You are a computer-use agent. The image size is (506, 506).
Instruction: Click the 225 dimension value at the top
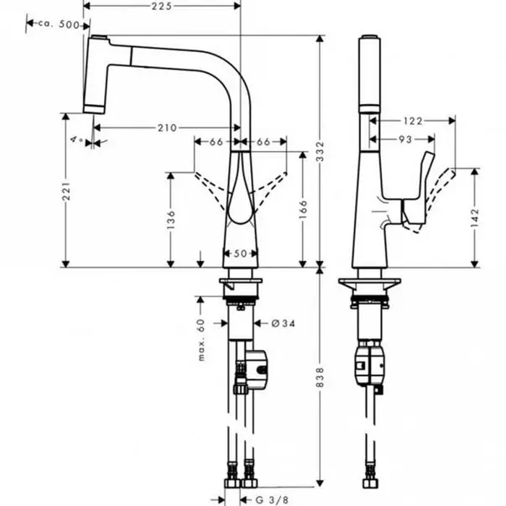coord(162,6)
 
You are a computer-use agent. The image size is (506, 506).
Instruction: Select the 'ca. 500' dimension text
coord(59,24)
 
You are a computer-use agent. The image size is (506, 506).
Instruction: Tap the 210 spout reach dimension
coord(167,128)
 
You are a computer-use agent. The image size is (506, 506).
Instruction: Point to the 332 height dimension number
coord(320,151)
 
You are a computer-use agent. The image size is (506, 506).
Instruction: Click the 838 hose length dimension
coord(320,377)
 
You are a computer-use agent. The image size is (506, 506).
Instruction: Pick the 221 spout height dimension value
coord(66,191)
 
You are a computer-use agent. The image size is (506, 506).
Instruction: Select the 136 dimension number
coord(171,220)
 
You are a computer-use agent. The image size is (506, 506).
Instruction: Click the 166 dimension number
coord(303,209)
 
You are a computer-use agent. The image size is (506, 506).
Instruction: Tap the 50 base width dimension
coord(240,253)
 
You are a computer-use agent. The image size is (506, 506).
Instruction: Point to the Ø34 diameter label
coord(283,323)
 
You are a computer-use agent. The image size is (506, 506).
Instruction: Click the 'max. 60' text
coord(201,340)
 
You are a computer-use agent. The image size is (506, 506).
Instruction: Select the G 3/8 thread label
coord(272,500)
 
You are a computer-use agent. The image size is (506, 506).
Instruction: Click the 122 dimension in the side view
coord(413,121)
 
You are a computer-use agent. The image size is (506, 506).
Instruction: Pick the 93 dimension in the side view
coord(405,139)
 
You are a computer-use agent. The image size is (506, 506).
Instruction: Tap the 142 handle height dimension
coord(475,217)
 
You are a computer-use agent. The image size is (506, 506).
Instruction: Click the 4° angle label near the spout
coord(77,139)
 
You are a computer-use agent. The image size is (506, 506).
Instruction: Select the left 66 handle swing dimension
coord(216,142)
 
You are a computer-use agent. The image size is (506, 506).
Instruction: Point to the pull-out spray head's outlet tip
coord(94,111)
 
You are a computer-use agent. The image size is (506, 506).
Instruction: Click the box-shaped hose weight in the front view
coord(257,368)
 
